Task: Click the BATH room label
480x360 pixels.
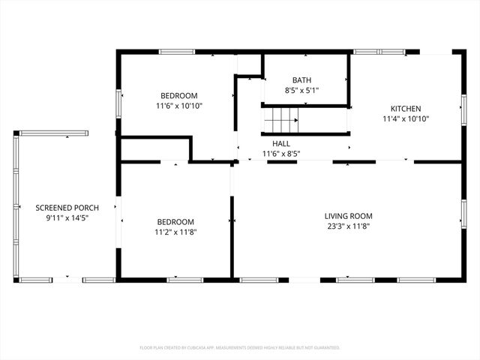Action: pos(302,80)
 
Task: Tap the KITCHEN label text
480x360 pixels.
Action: pos(405,109)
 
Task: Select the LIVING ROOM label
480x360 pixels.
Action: pos(348,216)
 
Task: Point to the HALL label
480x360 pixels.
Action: pos(281,143)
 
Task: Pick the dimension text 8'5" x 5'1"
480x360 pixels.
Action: pos(302,91)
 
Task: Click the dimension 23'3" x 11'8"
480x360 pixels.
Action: pos(348,226)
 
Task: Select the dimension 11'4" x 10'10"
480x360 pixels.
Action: pos(405,119)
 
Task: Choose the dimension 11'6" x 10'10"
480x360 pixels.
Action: pos(179,106)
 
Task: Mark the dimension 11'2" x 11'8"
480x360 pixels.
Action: pos(175,232)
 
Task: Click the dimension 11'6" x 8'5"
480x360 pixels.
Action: pos(281,154)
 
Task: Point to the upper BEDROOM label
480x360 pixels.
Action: pos(179,95)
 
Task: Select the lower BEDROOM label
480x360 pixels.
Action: pos(175,222)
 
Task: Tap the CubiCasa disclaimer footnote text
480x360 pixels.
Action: pos(240,348)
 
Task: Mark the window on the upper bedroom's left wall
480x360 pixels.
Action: pos(117,104)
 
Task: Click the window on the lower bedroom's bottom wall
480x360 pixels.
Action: pos(184,280)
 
